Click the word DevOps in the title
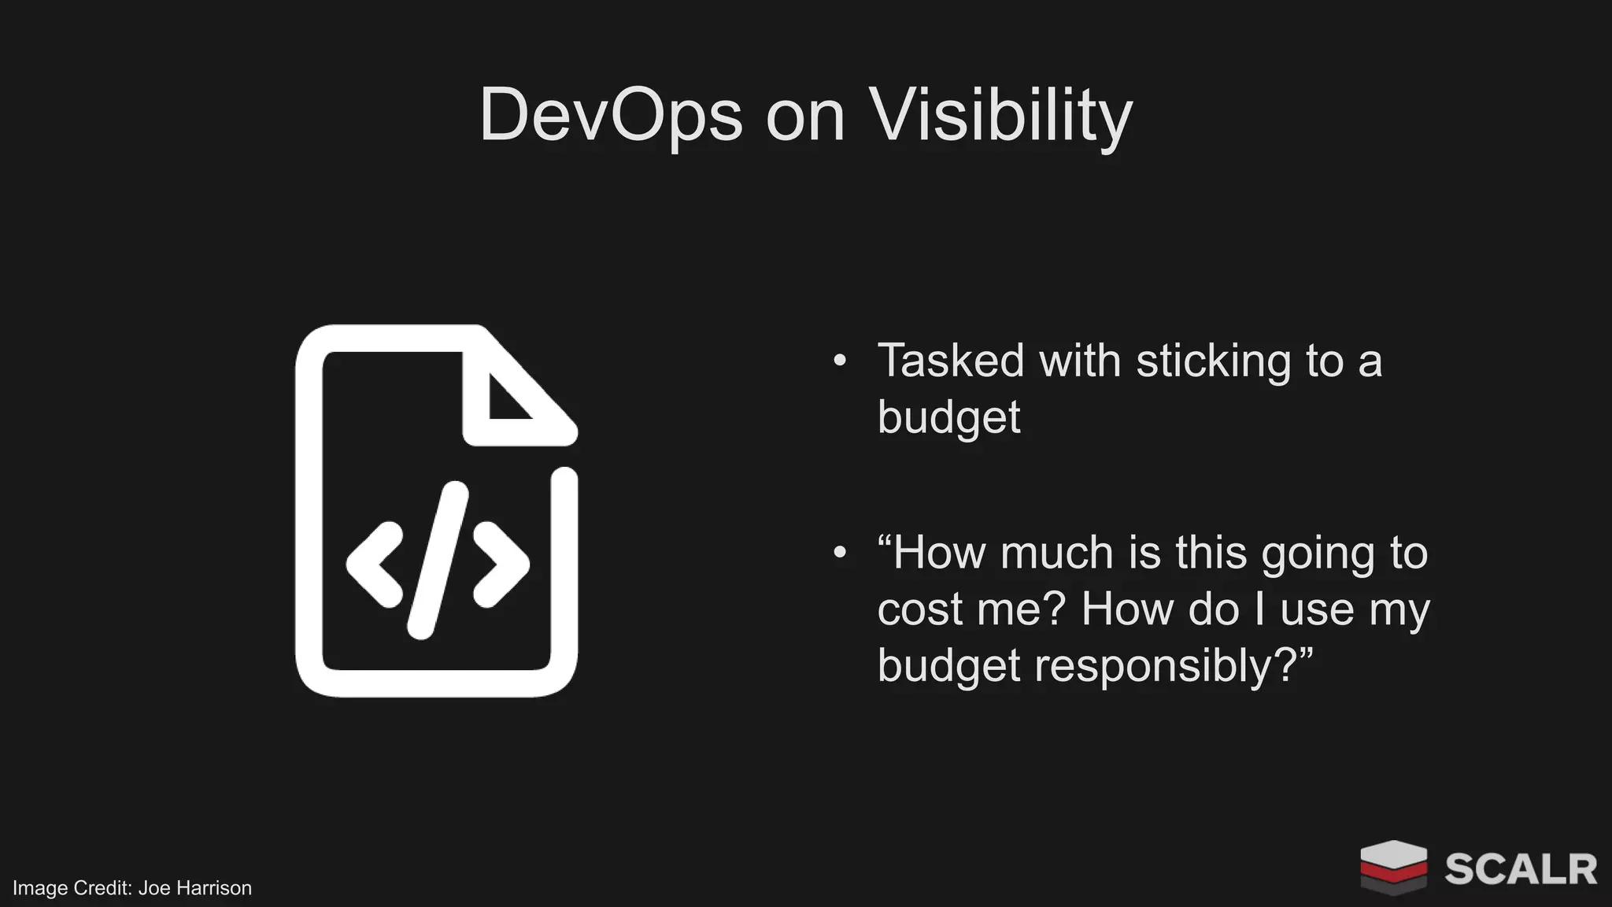(x=611, y=115)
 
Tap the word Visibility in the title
(x=1000, y=115)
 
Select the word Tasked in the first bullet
(x=951, y=361)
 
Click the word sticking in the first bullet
(x=1213, y=361)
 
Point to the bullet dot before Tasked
(x=840, y=361)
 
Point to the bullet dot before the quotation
(x=840, y=553)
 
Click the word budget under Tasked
(x=948, y=416)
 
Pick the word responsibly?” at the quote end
(x=1173, y=666)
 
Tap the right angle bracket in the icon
(x=501, y=564)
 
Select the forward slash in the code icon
(x=438, y=561)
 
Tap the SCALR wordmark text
(x=1520, y=869)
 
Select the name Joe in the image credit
(x=154, y=888)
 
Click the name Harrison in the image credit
(x=213, y=888)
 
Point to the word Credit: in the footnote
(x=102, y=888)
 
